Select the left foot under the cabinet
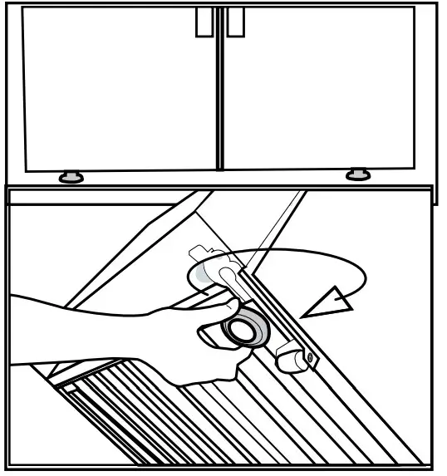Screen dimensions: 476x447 pos(70,176)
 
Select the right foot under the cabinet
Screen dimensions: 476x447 pos(358,174)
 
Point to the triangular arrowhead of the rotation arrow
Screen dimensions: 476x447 pos(327,305)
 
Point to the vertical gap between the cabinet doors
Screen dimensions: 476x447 pos(219,91)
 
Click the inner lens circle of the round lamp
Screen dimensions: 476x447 pos(244,329)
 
